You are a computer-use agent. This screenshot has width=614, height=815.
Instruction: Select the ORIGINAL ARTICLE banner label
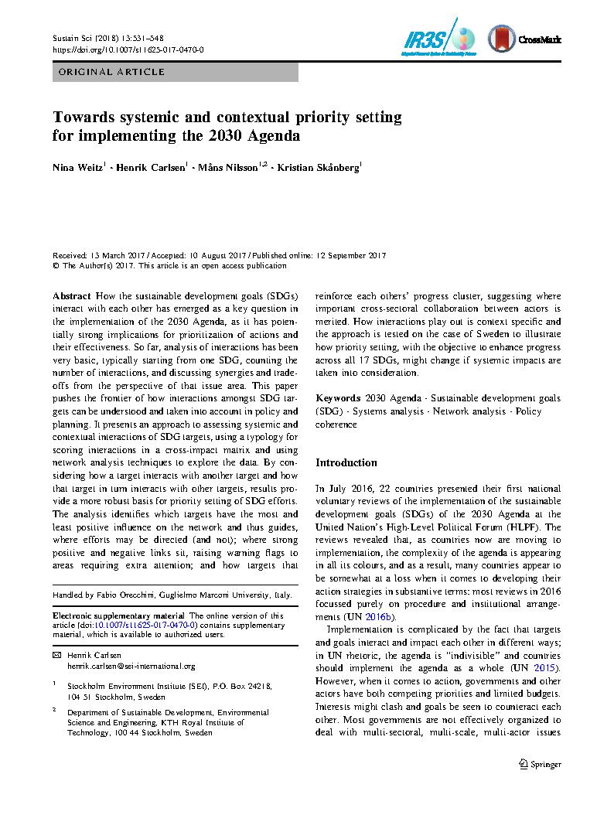(x=108, y=72)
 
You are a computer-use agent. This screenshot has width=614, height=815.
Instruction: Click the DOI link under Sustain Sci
(x=128, y=49)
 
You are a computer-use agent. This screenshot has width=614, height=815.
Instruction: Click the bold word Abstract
(x=71, y=296)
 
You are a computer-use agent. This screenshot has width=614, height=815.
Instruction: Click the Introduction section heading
(x=346, y=462)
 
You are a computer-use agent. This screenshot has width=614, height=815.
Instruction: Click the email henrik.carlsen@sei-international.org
(x=131, y=666)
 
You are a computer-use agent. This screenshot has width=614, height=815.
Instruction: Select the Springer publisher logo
(x=540, y=764)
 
